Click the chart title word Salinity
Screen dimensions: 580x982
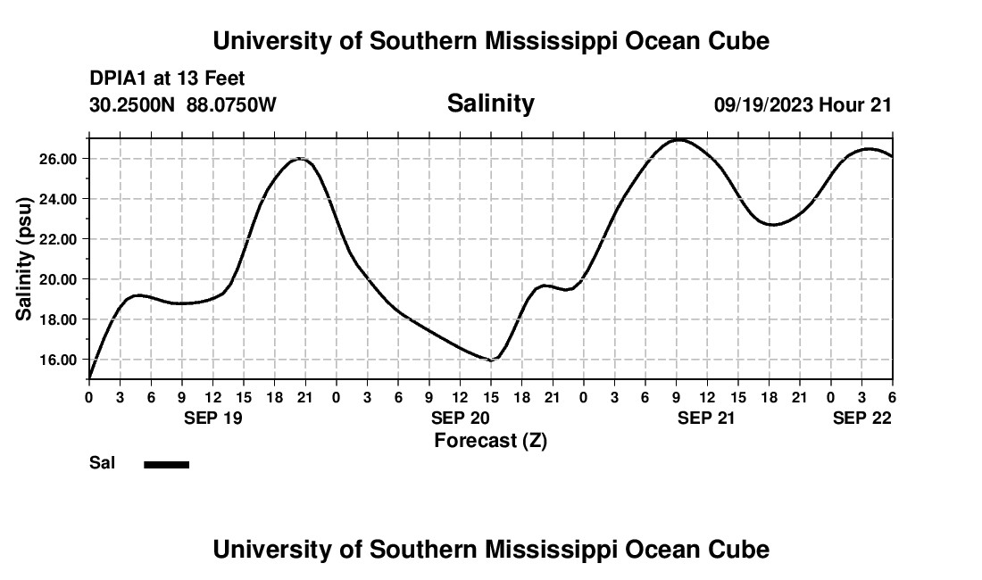490,104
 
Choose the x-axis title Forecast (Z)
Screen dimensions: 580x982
490,440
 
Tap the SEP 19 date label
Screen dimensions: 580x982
213,418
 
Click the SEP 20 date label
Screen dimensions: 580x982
460,418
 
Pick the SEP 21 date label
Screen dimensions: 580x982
706,418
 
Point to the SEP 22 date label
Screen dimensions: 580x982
862,418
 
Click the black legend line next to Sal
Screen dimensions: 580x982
166,464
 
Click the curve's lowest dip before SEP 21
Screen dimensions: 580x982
490,360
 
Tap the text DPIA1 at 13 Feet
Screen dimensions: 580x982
167,79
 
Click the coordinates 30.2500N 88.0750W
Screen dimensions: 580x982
183,104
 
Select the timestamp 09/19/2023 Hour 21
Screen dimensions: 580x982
803,104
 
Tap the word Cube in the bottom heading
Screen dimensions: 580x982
743,549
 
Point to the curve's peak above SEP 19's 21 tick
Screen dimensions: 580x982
302,159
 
